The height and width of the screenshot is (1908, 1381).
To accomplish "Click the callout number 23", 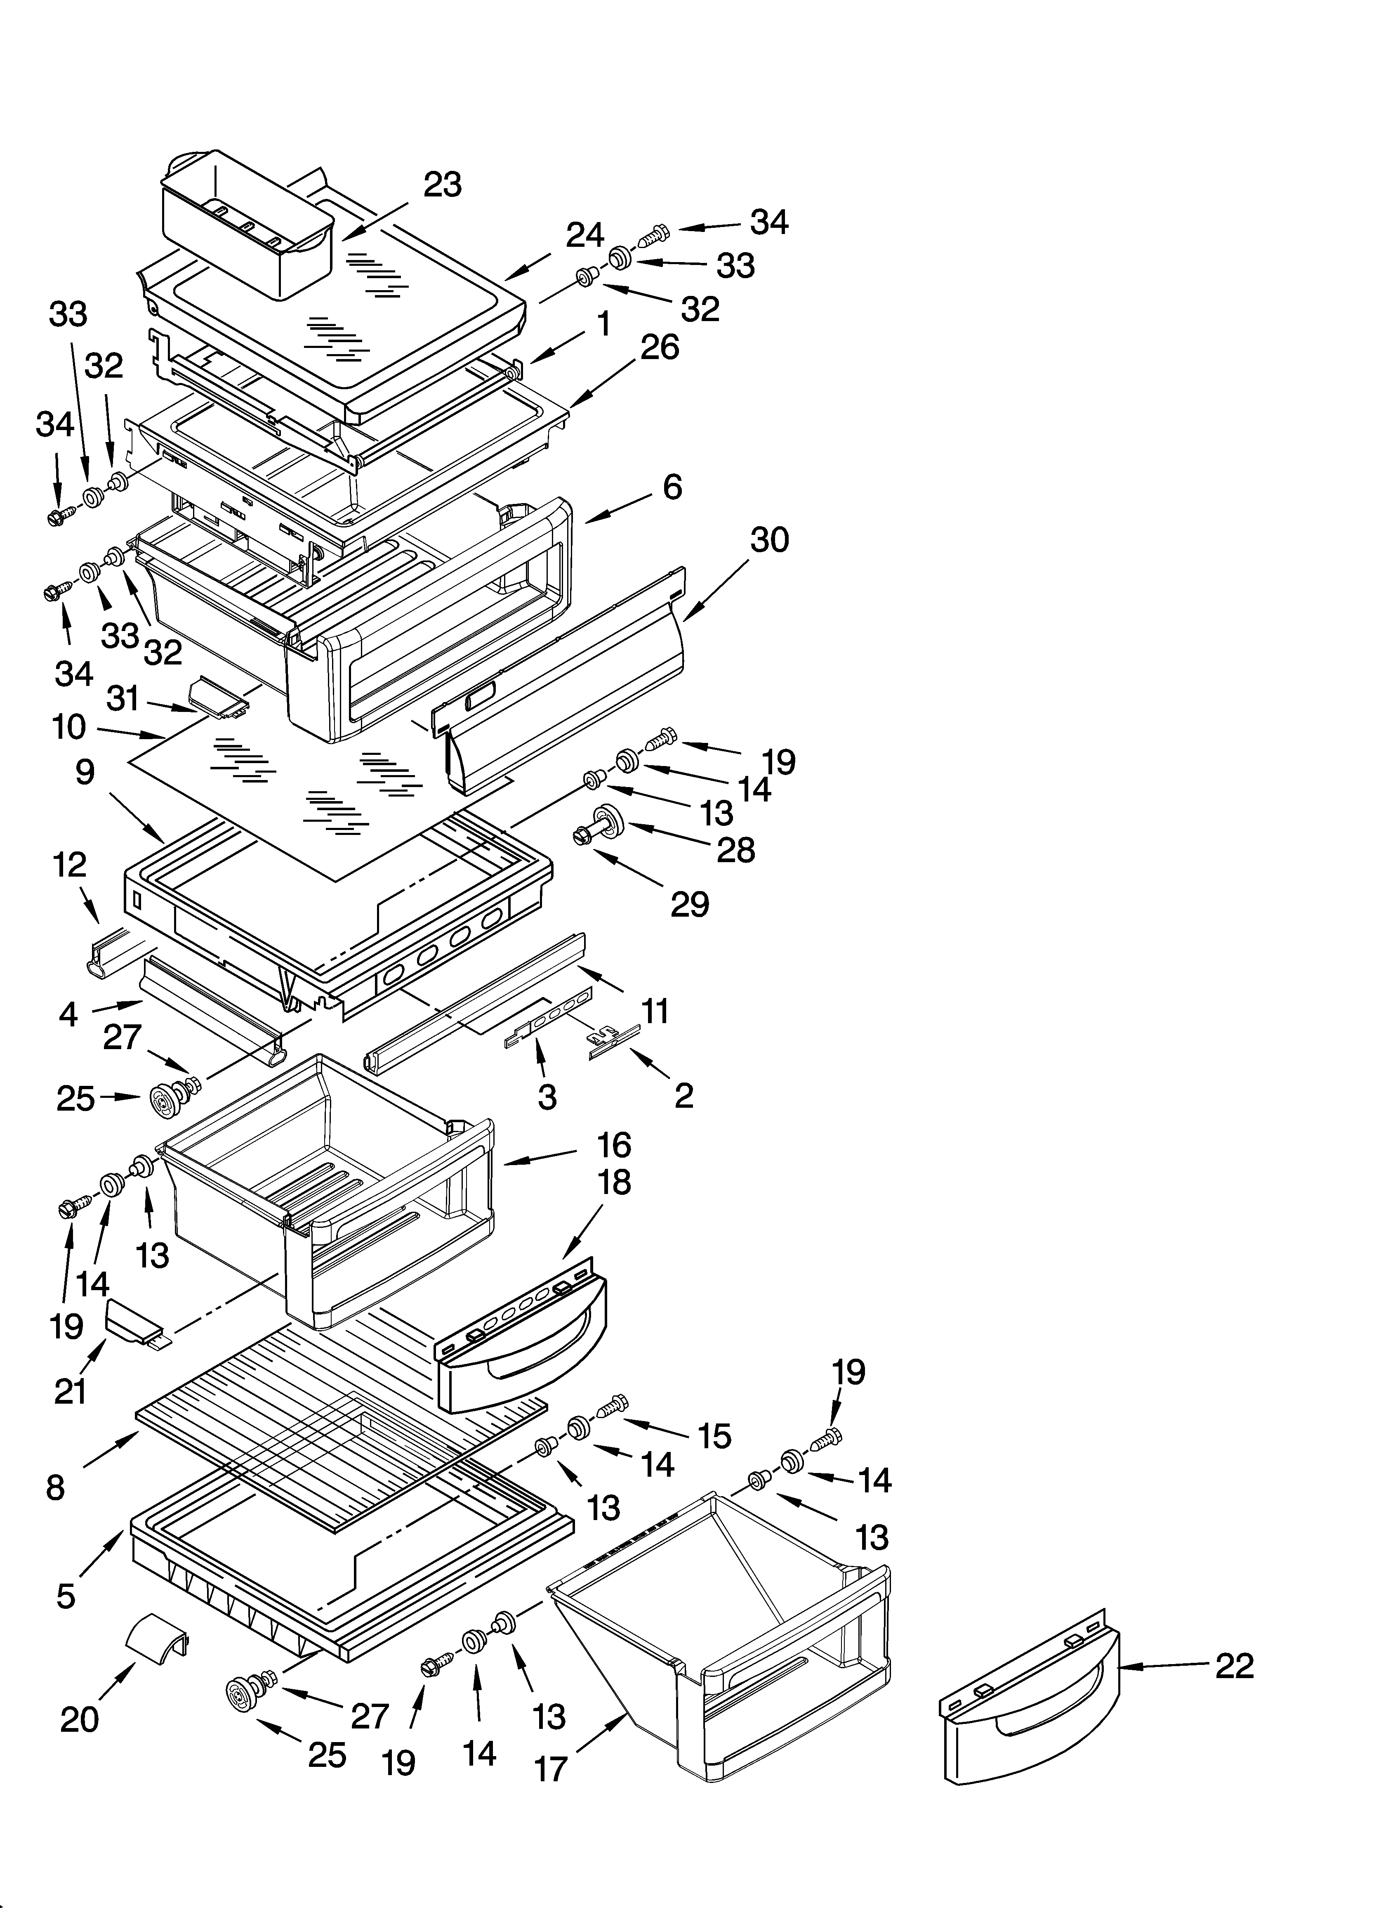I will pyautogui.click(x=443, y=184).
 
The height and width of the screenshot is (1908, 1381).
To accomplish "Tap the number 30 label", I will pyautogui.click(x=769, y=540).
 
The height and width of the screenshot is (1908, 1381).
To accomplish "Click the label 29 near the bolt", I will pyautogui.click(x=690, y=904).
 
